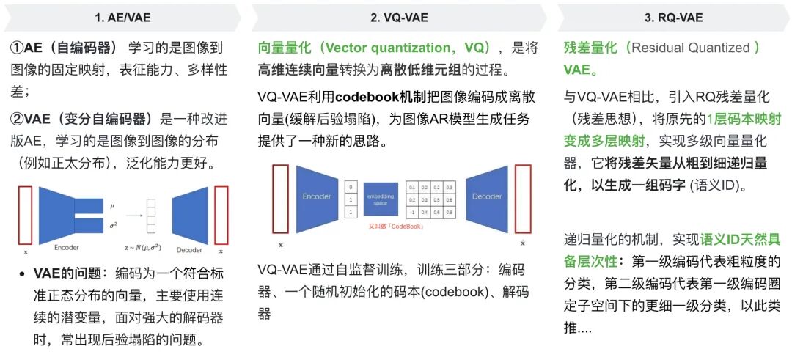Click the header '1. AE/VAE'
(120, 16)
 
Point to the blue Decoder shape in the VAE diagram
(190, 215)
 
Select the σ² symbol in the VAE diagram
(111, 224)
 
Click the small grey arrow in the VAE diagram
(133, 216)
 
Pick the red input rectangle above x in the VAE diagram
(26, 216)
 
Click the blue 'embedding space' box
(381, 198)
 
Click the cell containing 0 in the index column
(351, 186)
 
